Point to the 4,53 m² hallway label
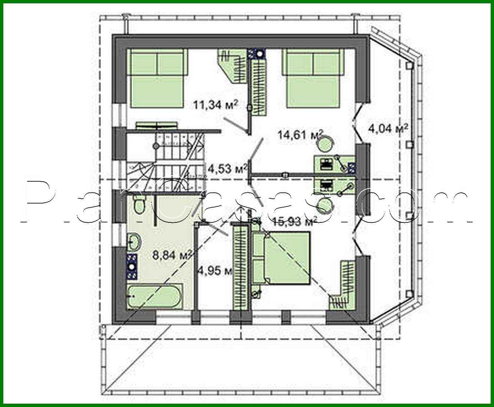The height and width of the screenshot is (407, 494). coord(227,169)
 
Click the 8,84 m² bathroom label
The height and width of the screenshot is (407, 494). coord(172,255)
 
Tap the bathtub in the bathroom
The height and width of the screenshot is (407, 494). coord(155,297)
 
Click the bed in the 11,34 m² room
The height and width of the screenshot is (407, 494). coord(156,78)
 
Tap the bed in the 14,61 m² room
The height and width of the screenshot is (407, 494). coord(313,78)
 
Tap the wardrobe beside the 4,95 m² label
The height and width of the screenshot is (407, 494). coord(240,267)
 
